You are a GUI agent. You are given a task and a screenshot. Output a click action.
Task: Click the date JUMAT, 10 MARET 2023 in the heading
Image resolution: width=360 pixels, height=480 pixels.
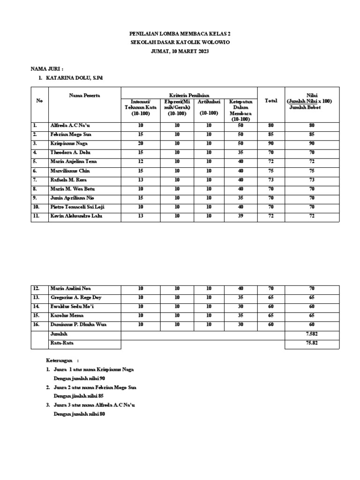(x=180, y=52)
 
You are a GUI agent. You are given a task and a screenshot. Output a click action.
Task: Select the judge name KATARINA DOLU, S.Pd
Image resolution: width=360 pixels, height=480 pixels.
(x=74, y=77)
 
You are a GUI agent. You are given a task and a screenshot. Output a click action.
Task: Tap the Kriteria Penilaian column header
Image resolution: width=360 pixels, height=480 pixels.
(x=189, y=95)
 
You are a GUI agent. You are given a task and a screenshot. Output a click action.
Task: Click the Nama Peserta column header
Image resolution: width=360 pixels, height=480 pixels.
(x=84, y=95)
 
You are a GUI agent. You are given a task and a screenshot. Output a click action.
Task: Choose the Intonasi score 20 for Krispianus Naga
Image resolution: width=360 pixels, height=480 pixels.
(x=141, y=143)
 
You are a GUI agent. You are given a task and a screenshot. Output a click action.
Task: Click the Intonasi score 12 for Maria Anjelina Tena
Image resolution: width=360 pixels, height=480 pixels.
(x=141, y=162)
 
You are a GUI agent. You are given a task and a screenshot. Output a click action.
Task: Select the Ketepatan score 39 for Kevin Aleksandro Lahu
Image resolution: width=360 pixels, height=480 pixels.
(x=240, y=216)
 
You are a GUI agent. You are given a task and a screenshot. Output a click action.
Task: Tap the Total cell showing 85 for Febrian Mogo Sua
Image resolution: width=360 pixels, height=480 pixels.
(x=271, y=135)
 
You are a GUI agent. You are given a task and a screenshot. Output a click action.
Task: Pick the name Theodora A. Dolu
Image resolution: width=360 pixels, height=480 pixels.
(x=70, y=153)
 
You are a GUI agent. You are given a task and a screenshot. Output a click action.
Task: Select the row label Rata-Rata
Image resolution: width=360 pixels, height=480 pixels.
(x=61, y=343)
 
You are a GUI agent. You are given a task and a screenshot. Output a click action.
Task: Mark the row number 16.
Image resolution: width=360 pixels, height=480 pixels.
(x=37, y=325)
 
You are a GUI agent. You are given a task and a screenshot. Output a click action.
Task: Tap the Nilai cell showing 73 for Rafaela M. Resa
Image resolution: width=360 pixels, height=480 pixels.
(x=311, y=180)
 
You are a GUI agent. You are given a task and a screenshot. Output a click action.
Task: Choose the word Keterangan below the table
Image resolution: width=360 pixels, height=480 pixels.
(x=60, y=360)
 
